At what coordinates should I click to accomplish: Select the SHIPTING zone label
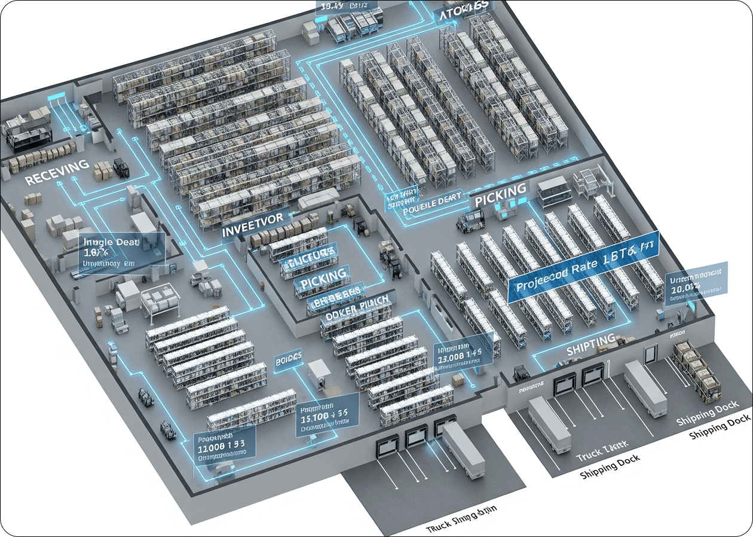pos(590,342)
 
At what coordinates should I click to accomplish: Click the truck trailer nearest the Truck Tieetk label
pos(549,424)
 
